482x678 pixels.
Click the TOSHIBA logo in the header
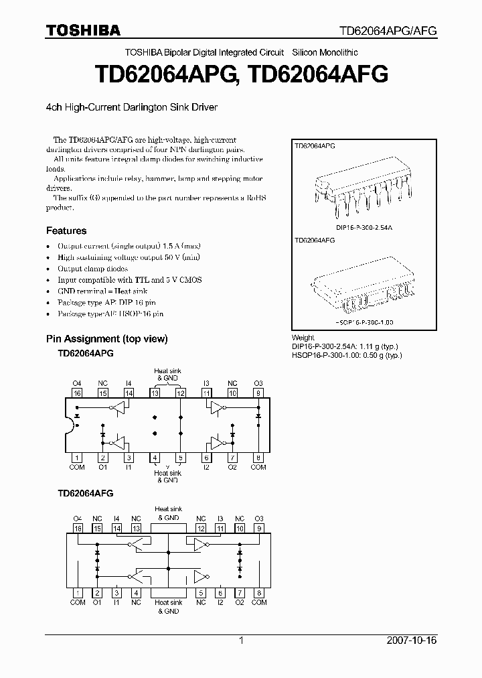[83, 31]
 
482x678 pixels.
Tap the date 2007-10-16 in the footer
[412, 640]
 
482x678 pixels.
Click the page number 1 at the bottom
[241, 640]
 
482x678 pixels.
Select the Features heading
[66, 230]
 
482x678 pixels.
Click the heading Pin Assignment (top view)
[106, 338]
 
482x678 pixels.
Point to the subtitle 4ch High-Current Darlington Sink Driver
[131, 107]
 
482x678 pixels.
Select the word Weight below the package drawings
[303, 338]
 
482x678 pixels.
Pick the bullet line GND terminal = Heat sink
[102, 291]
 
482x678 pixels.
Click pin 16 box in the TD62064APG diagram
[77, 393]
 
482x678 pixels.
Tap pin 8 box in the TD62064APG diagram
[258, 458]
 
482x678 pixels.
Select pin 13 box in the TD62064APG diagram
[155, 393]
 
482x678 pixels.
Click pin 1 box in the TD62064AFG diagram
[78, 593]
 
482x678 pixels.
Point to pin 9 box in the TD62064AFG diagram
[259, 528]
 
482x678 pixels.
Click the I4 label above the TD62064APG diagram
[129, 384]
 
